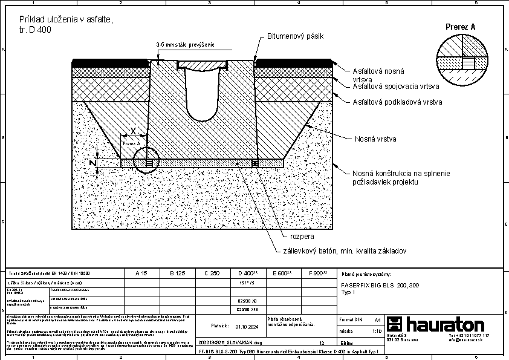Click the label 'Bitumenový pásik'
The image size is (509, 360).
pyautogui.click(x=296, y=36)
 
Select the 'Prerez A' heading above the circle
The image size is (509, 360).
pyautogui.click(x=461, y=27)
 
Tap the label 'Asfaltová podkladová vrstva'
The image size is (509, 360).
pyautogui.click(x=397, y=102)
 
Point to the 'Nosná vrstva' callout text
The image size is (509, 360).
pyautogui.click(x=375, y=139)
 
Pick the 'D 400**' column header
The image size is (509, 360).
pyautogui.click(x=248, y=273)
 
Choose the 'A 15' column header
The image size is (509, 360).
pyautogui.click(x=141, y=273)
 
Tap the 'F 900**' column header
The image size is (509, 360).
pyautogui.click(x=317, y=273)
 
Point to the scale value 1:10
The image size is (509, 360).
pyautogui.click(x=377, y=331)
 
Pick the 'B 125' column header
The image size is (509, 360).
pyautogui.click(x=177, y=273)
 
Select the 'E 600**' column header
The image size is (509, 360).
pyautogui.click(x=282, y=273)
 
